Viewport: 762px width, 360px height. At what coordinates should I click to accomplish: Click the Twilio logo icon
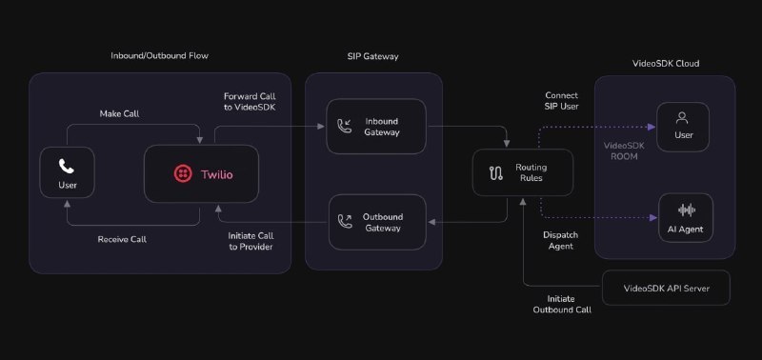click(183, 174)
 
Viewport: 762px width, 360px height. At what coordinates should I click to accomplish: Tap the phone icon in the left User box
click(67, 166)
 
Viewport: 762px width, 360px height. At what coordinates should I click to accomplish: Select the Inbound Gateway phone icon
click(345, 127)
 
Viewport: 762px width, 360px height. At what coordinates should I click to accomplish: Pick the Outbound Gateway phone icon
click(345, 222)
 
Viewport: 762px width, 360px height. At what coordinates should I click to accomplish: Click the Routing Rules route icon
click(495, 173)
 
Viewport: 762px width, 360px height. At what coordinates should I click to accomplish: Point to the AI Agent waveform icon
click(687, 210)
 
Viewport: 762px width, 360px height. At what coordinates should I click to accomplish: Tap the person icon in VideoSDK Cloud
click(682, 117)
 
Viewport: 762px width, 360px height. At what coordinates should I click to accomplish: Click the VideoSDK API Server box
click(666, 288)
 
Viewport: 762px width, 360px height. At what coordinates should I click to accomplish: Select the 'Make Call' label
click(119, 113)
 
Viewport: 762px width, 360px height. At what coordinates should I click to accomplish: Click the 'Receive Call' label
click(122, 239)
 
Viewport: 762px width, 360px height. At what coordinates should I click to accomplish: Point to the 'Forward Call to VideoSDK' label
click(250, 102)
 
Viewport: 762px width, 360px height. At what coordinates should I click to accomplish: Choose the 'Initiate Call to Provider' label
click(251, 241)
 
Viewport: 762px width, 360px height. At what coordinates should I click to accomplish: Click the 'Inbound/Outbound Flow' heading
click(159, 55)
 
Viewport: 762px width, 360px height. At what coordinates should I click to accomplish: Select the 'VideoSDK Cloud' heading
click(666, 63)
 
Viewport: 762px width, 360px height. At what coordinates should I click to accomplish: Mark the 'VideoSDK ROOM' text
click(624, 150)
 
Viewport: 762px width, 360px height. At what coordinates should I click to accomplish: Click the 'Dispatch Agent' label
click(561, 241)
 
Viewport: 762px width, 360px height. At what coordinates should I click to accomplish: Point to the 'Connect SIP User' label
click(562, 101)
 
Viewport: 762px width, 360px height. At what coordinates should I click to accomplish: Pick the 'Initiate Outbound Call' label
click(562, 304)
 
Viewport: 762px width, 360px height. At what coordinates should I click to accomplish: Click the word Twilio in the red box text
click(217, 174)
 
